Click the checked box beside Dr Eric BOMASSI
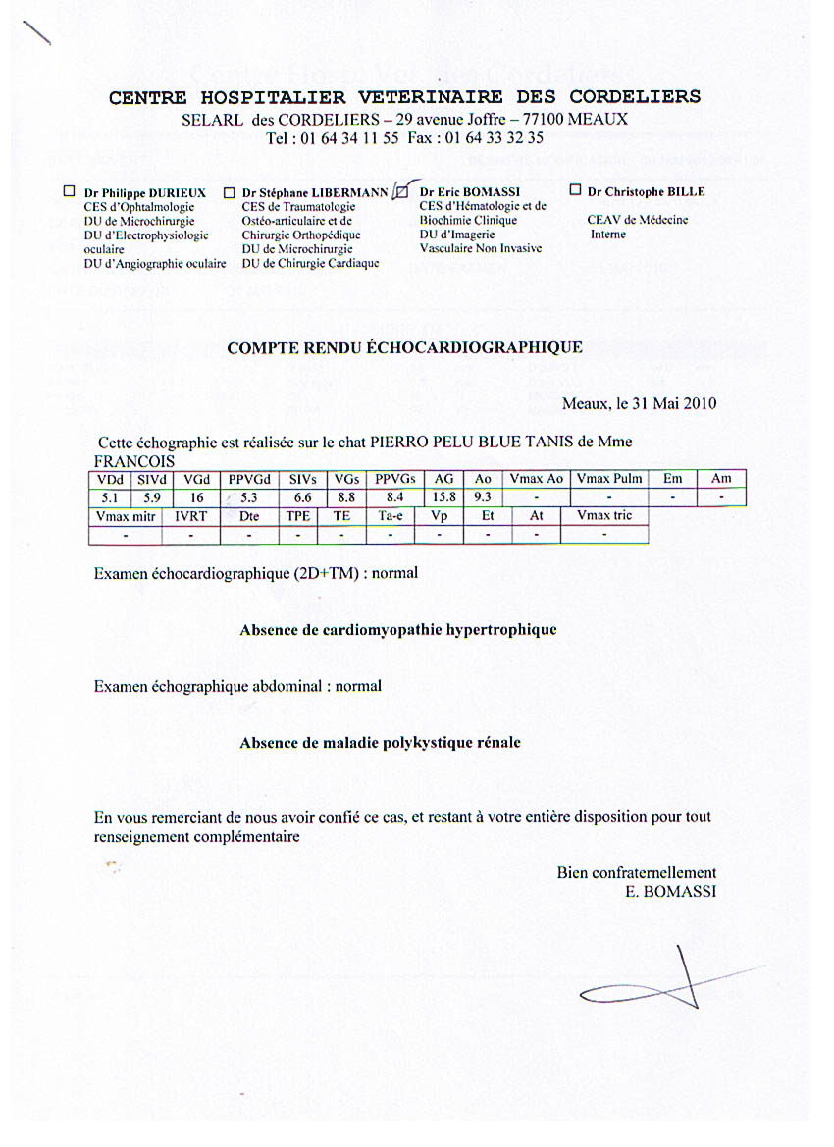[x=399, y=192]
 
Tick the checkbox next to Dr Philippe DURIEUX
[x=70, y=192]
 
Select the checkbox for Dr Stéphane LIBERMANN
[x=229, y=193]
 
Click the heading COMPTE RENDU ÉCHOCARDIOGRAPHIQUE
[x=404, y=347]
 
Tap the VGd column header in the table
[x=196, y=479]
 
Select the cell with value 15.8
[x=444, y=497]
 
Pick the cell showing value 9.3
[x=482, y=497]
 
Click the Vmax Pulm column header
[x=609, y=479]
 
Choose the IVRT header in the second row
[x=190, y=516]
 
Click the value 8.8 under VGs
[x=345, y=497]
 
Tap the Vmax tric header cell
[x=604, y=516]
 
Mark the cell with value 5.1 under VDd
[x=110, y=497]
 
